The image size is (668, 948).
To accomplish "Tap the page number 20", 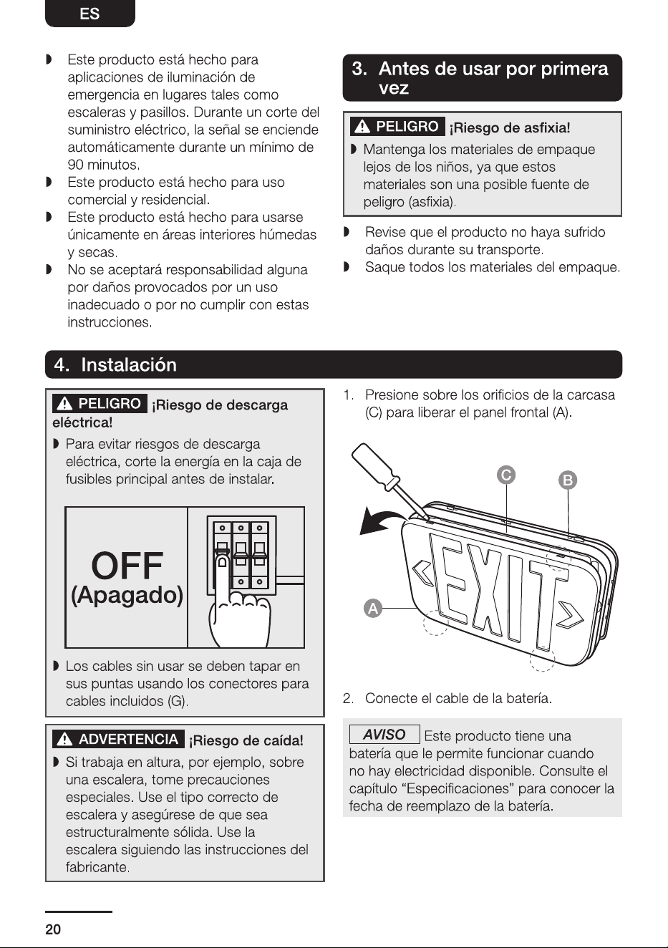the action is [53, 929].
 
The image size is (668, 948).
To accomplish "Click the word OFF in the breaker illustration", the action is [127, 566].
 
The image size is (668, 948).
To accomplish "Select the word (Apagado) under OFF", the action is [127, 596].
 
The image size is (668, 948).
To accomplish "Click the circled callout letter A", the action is [373, 609].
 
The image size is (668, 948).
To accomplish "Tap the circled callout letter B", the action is [568, 480].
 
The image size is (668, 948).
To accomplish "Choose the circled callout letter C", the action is [506, 475].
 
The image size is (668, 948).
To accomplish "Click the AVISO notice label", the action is [384, 735].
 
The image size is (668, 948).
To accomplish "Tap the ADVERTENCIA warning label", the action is [119, 739].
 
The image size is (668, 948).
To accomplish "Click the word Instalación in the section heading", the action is [129, 365].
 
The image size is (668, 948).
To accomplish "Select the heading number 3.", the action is [359, 69].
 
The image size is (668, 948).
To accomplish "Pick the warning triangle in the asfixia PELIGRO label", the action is [362, 127].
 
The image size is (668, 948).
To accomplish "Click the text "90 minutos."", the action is [104, 164].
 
